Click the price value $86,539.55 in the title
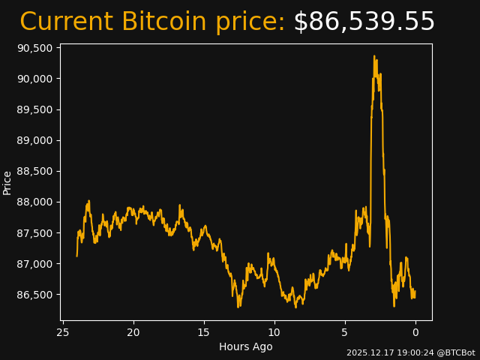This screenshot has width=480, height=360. coord(364,22)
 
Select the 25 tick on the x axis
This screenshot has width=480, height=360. coord(63,332)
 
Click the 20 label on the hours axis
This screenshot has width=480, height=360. coord(133,332)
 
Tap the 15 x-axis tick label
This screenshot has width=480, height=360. coord(204,332)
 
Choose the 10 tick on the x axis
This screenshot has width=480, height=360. coord(274,332)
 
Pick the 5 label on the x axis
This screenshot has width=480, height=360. coord(345,332)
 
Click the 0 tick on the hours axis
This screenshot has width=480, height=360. coord(415,332)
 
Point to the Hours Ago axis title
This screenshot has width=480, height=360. coord(246,346)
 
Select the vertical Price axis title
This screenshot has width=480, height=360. coord(7,182)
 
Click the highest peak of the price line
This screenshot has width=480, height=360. coord(373,56)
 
